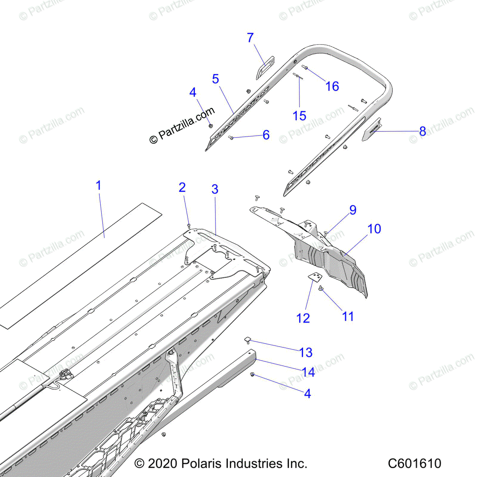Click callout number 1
coord(98,185)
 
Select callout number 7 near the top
coord(250,38)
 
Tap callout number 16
coord(332,86)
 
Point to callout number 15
coord(299,116)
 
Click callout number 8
coord(423,131)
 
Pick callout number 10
coord(374,229)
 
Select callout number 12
coord(303,318)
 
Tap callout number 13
coord(306,352)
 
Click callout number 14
coord(308,372)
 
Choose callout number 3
coord(215,189)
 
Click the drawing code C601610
coord(415,463)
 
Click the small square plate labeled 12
coord(316,277)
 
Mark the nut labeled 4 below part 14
coord(252,375)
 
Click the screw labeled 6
coord(230,138)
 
